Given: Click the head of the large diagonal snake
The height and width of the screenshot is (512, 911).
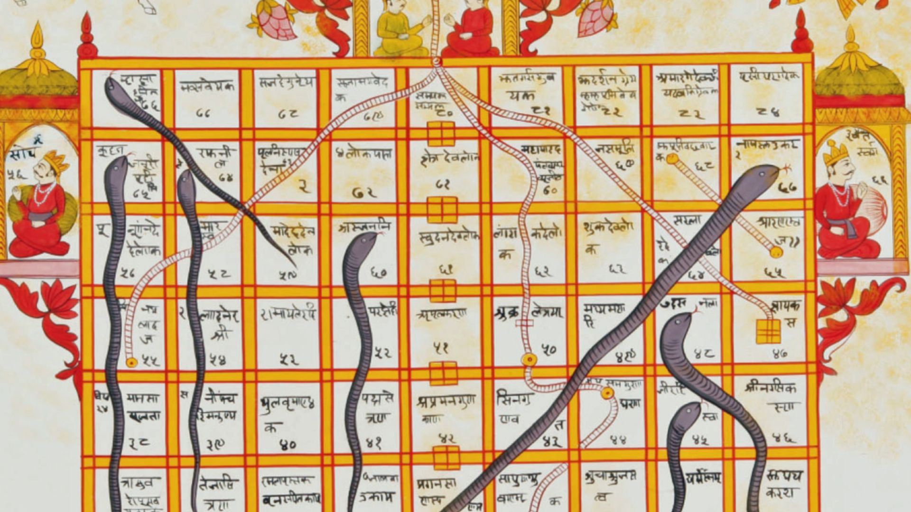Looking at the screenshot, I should coord(764,174).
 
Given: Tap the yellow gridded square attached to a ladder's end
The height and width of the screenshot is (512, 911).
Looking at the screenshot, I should coord(768,331).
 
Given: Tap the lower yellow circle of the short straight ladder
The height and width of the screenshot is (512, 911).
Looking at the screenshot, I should coord(776,252).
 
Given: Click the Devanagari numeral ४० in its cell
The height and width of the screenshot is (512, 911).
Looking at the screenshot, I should coord(288,445).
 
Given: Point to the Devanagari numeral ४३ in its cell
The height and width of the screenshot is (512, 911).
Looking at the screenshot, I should coord(552,442).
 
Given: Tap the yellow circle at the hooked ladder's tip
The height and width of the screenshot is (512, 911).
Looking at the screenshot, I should coord(607,393).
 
